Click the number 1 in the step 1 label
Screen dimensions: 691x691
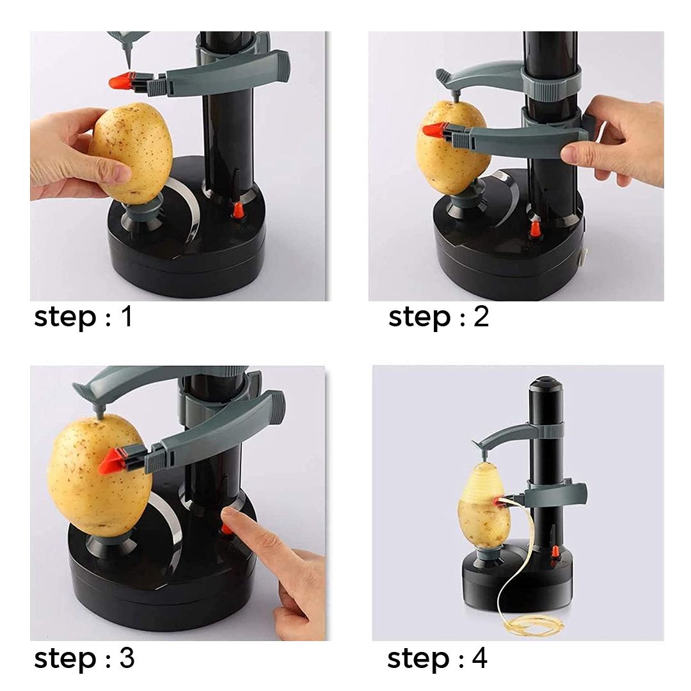[127, 316]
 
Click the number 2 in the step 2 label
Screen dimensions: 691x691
[481, 317]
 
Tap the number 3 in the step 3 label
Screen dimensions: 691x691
[127, 658]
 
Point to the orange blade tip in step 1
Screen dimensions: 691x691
[119, 81]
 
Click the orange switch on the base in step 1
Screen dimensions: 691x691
[238, 210]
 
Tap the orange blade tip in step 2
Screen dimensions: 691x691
[433, 131]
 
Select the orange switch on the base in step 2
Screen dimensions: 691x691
[535, 229]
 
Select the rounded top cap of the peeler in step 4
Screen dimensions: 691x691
[546, 383]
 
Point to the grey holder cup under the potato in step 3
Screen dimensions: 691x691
[111, 543]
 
